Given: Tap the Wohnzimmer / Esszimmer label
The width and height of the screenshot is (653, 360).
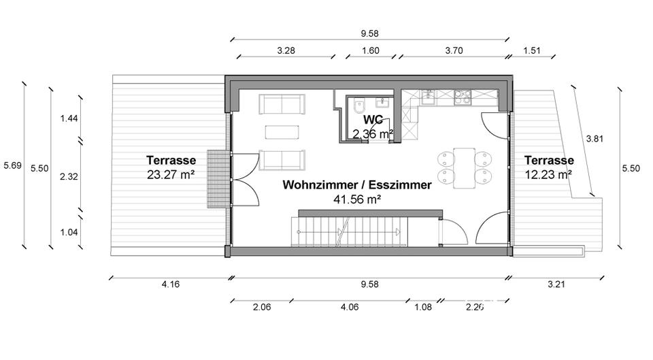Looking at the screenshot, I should pos(357,184).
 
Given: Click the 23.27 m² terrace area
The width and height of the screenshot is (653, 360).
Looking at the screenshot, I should pos(171,174).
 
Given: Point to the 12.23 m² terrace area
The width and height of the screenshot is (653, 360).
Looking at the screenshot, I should pos(549,174).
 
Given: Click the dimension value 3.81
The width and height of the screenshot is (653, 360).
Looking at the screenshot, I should pos(595,138).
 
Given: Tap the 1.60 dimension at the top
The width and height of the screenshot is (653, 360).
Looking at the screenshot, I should pos(371,50).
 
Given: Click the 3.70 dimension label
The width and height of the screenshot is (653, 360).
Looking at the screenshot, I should pos(454,50).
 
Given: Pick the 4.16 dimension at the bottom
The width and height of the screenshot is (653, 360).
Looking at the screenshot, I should pos(171,284).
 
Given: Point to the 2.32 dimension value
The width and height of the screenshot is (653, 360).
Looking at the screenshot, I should pos(69,176).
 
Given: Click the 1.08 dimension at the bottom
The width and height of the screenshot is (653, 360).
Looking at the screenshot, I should pos(423,307).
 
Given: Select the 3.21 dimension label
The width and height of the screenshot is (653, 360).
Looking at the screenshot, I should pos(556,284).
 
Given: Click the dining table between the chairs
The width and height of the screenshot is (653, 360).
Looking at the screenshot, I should pos(465,167).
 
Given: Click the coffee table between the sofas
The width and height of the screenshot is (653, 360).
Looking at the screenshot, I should pos(282,131).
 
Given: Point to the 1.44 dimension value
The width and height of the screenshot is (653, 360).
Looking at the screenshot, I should pos(69,118).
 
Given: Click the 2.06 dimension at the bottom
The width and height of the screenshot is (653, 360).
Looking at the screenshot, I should pos(262,307).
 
